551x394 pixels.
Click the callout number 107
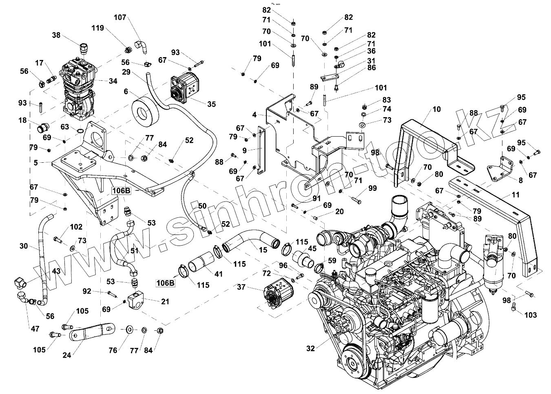[x=120, y=18]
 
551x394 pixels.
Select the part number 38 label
[x=56, y=35]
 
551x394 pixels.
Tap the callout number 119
[x=98, y=28]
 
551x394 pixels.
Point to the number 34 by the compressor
[x=113, y=81]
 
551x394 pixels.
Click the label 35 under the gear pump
[x=211, y=104]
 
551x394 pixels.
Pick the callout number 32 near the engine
[x=311, y=348]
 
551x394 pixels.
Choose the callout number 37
[x=241, y=287]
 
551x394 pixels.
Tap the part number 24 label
[x=67, y=355]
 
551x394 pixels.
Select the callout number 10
[x=437, y=109]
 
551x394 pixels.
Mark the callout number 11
[x=516, y=195]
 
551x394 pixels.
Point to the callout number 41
[x=219, y=274]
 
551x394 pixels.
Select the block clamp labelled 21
[x=135, y=301]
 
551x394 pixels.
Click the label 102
[x=76, y=227]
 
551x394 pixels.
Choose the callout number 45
[x=312, y=248]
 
